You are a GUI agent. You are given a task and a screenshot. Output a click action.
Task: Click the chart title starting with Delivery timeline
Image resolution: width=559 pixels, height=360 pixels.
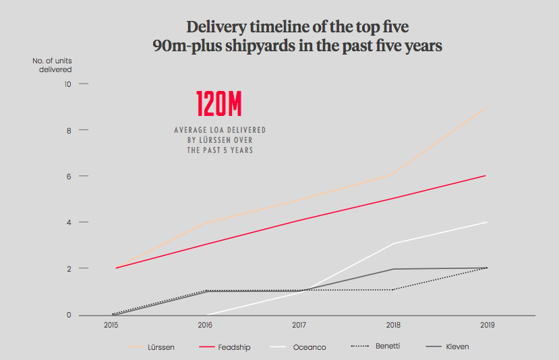(297, 36)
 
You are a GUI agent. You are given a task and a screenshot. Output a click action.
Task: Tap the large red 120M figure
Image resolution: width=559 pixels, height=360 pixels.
(219, 104)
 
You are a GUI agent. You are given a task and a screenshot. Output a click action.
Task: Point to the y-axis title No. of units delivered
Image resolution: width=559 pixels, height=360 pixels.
(52, 65)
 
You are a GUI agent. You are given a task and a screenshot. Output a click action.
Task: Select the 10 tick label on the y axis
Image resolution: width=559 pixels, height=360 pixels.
(67, 84)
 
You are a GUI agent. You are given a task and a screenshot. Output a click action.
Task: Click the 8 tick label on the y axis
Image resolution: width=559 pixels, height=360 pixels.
(69, 131)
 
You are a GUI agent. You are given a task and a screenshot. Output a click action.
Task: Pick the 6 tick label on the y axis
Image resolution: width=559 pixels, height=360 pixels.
(69, 177)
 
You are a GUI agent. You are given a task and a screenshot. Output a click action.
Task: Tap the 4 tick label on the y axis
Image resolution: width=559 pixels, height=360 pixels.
(69, 222)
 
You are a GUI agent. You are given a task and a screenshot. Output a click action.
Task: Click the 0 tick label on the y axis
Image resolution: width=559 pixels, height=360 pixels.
(69, 315)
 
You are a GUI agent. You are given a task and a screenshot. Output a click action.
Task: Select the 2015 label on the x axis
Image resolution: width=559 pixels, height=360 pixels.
(111, 325)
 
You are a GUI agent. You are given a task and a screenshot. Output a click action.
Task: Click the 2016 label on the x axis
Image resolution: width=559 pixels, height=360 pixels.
(205, 325)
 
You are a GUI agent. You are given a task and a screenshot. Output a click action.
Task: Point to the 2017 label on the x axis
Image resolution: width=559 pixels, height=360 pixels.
(299, 325)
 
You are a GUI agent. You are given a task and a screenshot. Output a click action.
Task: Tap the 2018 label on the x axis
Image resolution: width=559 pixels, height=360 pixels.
(393, 325)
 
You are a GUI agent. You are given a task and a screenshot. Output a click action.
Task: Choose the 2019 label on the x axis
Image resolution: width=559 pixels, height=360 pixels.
(488, 325)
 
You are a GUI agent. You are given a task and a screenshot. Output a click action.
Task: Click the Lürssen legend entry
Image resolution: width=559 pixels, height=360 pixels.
(151, 347)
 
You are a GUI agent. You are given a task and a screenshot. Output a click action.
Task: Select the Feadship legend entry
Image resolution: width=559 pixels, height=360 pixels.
(225, 347)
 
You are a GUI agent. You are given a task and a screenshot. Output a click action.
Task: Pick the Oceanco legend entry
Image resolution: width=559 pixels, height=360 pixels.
(298, 347)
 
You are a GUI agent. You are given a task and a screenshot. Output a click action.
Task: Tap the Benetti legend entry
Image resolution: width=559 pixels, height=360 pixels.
(376, 346)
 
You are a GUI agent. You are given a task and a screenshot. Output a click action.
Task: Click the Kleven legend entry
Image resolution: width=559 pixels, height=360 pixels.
(448, 347)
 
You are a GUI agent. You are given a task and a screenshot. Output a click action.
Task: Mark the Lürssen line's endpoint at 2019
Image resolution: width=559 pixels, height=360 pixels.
(487, 107)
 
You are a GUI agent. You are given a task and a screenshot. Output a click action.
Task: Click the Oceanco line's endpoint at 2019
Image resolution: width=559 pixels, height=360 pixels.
(487, 222)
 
